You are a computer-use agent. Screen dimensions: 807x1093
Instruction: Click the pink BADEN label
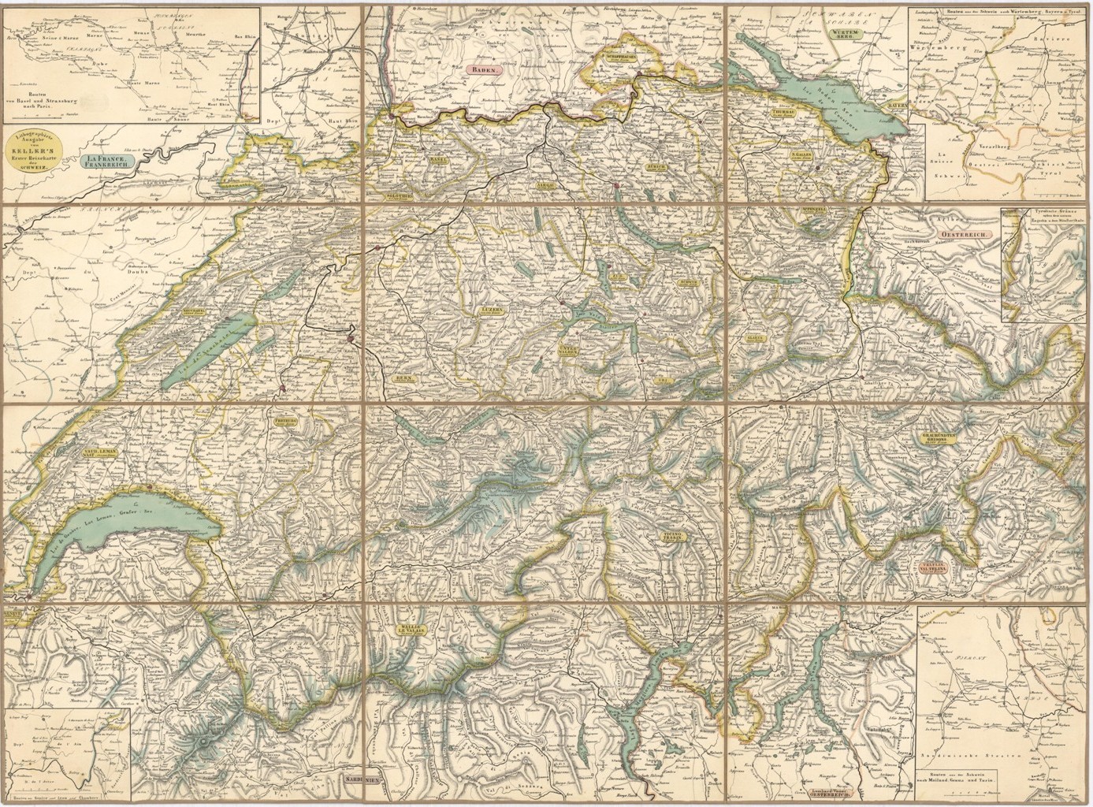(484, 70)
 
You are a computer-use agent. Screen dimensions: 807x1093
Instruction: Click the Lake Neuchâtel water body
(206, 347)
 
